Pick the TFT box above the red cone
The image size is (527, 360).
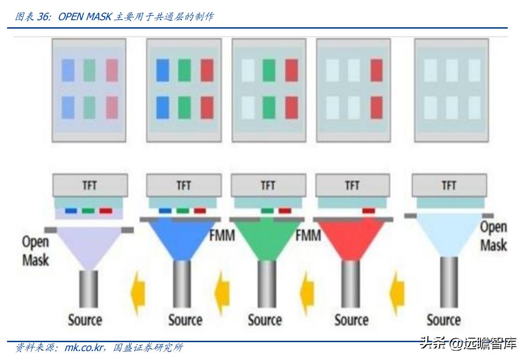pyautogui.click(x=353, y=185)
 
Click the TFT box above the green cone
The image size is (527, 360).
pyautogui.click(x=268, y=185)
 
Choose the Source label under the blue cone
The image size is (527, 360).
pyautogui.click(x=185, y=320)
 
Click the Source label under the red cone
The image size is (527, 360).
pyautogui.click(x=351, y=320)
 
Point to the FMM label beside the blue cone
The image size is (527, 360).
pyautogui.click(x=222, y=236)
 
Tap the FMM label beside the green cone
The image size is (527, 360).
pyautogui.click(x=308, y=236)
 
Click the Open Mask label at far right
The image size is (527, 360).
pyautogui.click(x=493, y=236)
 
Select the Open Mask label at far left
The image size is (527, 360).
pyautogui.click(x=36, y=251)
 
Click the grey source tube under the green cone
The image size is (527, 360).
pyautogui.click(x=267, y=284)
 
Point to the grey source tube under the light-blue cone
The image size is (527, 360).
pyautogui.click(x=449, y=282)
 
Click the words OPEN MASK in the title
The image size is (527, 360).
pyautogui.click(x=85, y=16)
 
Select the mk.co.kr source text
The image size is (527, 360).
pyautogui.click(x=84, y=347)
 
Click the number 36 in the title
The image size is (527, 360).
pyautogui.click(x=42, y=16)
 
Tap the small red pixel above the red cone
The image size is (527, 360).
pyautogui.click(x=369, y=211)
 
